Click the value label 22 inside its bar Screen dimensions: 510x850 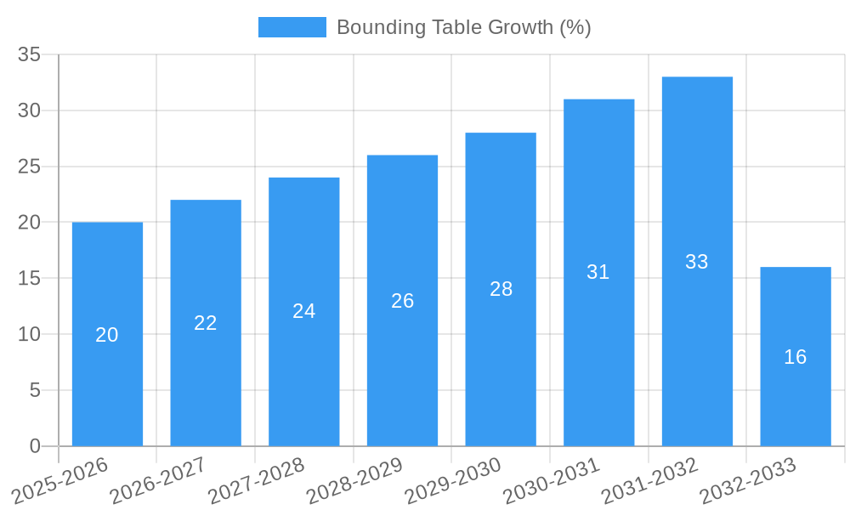point(206,323)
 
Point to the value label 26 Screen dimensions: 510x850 point(403,301)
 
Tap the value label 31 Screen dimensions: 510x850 point(598,272)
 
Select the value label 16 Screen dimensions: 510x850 point(796,357)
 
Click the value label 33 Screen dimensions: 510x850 point(697,262)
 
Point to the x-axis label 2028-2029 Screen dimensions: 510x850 point(355,481)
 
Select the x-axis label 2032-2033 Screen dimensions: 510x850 point(749,481)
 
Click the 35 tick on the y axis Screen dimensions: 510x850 point(30,54)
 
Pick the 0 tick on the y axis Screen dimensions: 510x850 point(35,446)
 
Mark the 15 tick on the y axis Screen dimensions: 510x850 point(30,278)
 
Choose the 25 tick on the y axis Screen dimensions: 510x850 point(30,167)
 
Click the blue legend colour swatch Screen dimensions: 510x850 point(292,27)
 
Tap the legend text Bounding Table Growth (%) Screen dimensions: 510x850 point(463,27)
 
